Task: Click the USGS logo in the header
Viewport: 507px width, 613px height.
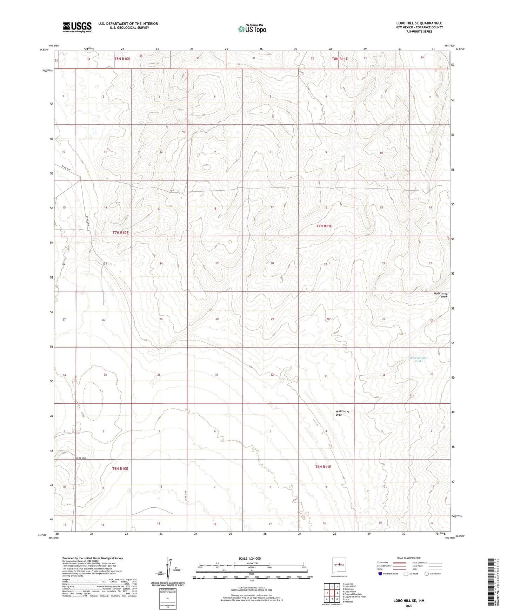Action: coord(77,27)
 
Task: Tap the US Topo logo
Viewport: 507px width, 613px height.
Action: coord(252,29)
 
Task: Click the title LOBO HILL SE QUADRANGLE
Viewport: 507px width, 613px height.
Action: coord(419,23)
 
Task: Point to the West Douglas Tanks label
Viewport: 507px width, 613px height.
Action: coord(419,359)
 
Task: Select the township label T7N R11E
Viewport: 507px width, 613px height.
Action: coord(324,226)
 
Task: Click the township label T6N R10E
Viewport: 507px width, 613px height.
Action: coord(120,468)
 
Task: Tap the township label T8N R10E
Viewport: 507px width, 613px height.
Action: coord(122,59)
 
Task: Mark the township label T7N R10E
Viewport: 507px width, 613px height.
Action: coord(120,232)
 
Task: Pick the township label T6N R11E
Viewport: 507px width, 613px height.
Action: coord(323,467)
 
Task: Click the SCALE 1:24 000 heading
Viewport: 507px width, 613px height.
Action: coord(249,558)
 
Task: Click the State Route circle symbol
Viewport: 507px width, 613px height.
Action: coord(427,574)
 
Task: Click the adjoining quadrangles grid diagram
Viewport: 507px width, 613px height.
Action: coord(332,593)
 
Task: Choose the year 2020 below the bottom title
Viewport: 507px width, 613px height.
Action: coord(409,606)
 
